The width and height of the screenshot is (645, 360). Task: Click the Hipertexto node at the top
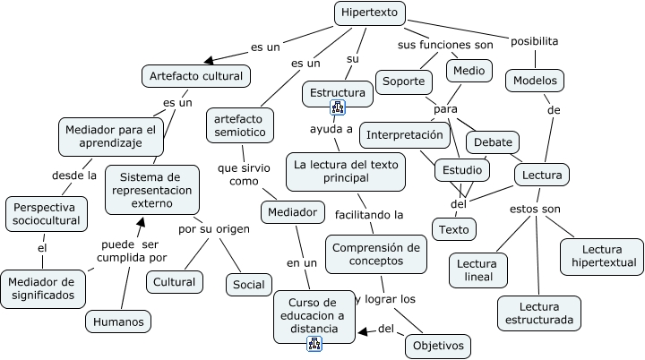click(370, 13)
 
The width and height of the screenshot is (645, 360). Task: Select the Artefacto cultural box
click(195, 76)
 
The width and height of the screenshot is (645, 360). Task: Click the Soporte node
click(403, 81)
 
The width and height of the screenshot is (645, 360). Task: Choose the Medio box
click(468, 70)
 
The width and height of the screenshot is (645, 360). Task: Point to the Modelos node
click(535, 81)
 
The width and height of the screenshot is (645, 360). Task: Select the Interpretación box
click(404, 135)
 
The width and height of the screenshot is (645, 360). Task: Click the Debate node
click(494, 142)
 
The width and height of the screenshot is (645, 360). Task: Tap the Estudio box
click(462, 170)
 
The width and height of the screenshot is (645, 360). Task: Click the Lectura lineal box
click(478, 271)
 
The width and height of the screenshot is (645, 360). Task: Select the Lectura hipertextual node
click(601, 256)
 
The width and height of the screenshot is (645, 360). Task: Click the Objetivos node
click(437, 345)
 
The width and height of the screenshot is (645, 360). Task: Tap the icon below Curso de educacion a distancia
click(314, 344)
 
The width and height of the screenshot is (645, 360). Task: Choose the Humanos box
click(117, 321)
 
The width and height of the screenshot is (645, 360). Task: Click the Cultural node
click(174, 282)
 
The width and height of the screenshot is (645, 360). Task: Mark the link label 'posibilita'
click(535, 41)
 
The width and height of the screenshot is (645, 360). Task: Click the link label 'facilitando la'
click(369, 215)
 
